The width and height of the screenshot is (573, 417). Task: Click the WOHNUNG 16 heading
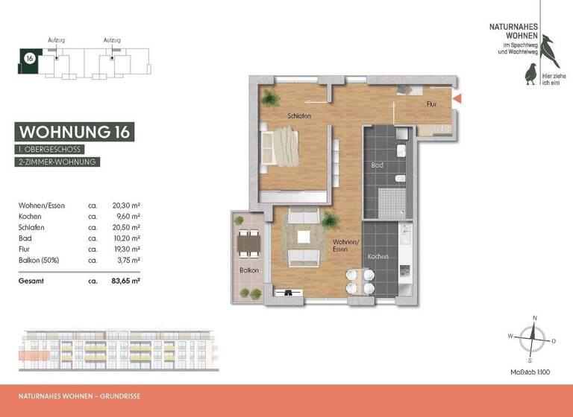point(75,132)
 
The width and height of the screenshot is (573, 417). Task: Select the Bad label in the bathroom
point(378,165)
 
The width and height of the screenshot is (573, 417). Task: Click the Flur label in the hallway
point(431,105)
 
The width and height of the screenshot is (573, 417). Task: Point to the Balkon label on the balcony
point(248,270)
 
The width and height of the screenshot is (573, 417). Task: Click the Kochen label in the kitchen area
point(378,256)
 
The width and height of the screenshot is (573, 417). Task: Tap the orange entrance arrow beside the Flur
point(458,98)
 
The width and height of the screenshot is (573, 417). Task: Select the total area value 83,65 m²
point(126,281)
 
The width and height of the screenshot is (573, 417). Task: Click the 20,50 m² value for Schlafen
point(126,227)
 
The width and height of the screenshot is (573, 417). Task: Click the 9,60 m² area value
point(128,216)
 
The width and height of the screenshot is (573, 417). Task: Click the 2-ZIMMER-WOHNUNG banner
point(58,162)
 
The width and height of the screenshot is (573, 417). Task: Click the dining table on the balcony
point(246,243)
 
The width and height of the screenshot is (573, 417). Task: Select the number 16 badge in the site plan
point(29,58)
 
